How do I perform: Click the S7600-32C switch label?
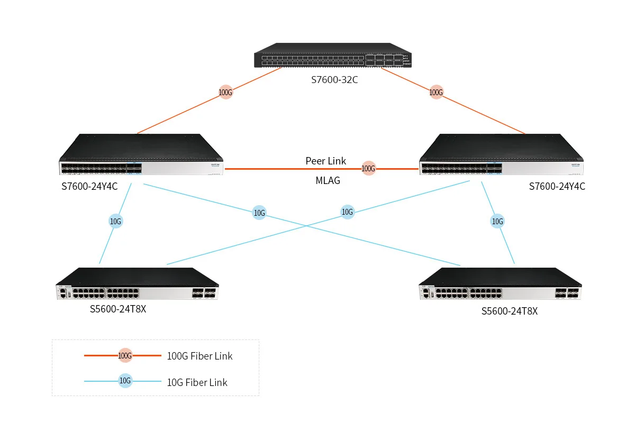pyautogui.click(x=334, y=80)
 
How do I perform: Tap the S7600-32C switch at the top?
pyautogui.click(x=333, y=55)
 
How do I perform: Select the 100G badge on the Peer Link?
pyautogui.click(x=368, y=168)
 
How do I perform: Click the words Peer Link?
pyautogui.click(x=326, y=161)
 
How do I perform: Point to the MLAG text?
pyautogui.click(x=328, y=180)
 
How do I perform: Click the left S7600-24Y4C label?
pyautogui.click(x=89, y=187)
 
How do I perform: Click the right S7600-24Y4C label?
pyautogui.click(x=557, y=187)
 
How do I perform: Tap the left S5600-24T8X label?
pyautogui.click(x=118, y=309)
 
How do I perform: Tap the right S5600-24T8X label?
pyautogui.click(x=510, y=311)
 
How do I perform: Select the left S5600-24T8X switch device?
pyautogui.click(x=137, y=283)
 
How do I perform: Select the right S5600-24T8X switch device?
pyautogui.click(x=501, y=283)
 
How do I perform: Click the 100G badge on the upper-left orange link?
pyautogui.click(x=225, y=92)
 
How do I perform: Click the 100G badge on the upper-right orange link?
pyautogui.click(x=436, y=92)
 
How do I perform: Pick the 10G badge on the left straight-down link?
pyautogui.click(x=116, y=221)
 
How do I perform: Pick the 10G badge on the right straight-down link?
pyautogui.click(x=497, y=221)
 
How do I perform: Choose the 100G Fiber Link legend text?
pyautogui.click(x=199, y=356)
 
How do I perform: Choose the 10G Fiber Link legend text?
pyautogui.click(x=197, y=382)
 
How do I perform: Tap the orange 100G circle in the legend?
pyautogui.click(x=125, y=355)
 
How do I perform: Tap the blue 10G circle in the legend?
pyautogui.click(x=125, y=381)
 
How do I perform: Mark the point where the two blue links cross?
pyautogui.click(x=306, y=226)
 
